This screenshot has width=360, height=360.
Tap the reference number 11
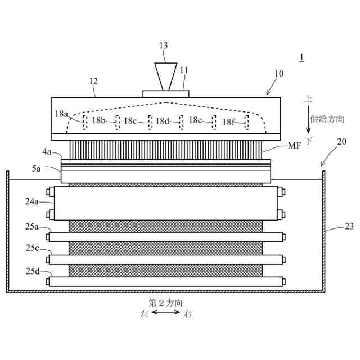pyautogui.click(x=184, y=70)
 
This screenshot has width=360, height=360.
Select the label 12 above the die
pyautogui.click(x=94, y=82)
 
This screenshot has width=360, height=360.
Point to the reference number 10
pyautogui.click(x=279, y=74)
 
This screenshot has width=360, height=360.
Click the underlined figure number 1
pyautogui.click(x=302, y=57)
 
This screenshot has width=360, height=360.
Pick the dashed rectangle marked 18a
pyautogui.click(x=85, y=122)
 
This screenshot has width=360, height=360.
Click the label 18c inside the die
pyautogui.click(x=130, y=120)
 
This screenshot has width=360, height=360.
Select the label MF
pyautogui.click(x=294, y=146)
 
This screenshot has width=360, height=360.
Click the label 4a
pyautogui.click(x=47, y=151)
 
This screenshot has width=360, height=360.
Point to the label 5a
pyautogui.click(x=36, y=168)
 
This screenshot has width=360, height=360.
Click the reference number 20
pyautogui.click(x=341, y=142)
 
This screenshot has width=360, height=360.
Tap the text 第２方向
pyautogui.click(x=166, y=302)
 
